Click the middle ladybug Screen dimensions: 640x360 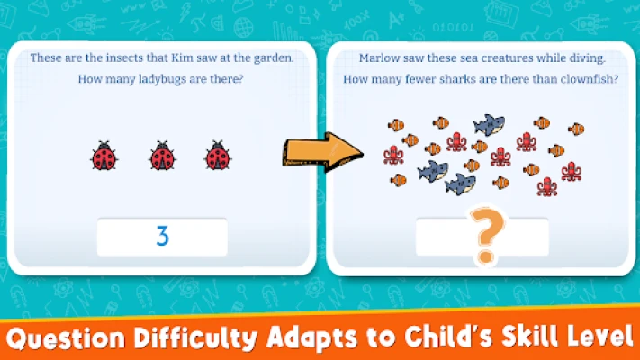click(162, 156)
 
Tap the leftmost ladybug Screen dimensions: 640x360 click(104, 156)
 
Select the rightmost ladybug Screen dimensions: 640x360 click(218, 156)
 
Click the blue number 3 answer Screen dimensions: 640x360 click(162, 236)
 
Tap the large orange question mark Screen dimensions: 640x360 click(486, 236)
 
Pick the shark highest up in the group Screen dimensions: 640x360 click(490, 125)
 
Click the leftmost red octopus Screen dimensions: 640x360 click(393, 156)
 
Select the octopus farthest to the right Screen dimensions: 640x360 click(572, 171)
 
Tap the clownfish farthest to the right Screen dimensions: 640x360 click(576, 130)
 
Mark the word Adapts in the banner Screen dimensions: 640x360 click(312, 338)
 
